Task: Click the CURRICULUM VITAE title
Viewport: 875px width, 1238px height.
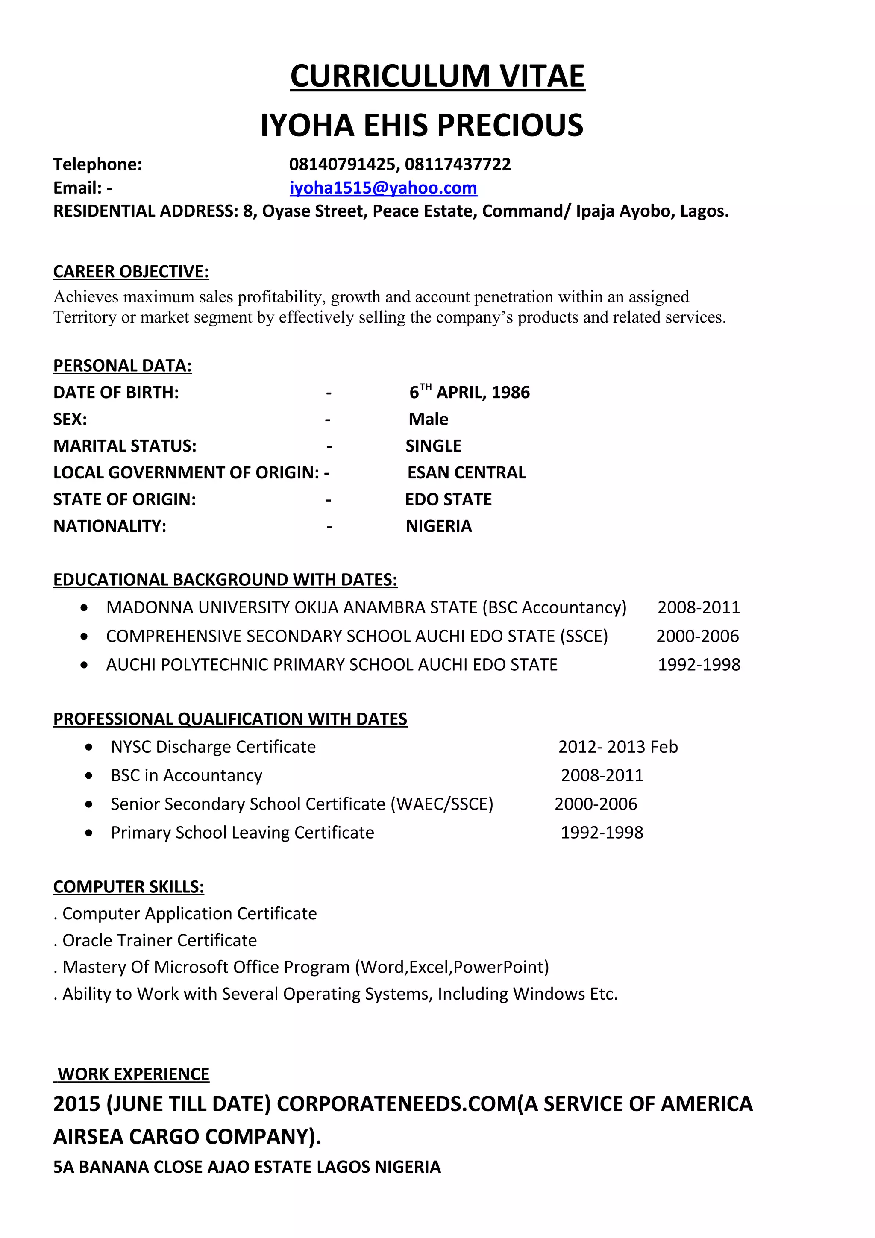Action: tap(437, 76)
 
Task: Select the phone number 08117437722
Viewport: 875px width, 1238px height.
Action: tap(458, 164)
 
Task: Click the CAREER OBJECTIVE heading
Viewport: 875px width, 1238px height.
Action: tap(131, 272)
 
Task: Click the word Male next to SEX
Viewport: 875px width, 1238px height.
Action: tap(428, 419)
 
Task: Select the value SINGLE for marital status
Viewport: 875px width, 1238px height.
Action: tap(434, 446)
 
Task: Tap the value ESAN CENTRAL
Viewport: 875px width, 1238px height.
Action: tap(467, 473)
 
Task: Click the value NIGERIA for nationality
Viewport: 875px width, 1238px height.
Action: tap(439, 526)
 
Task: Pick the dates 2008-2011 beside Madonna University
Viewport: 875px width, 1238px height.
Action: tap(698, 607)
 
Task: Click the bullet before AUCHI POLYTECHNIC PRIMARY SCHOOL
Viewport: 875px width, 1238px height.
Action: tap(84, 665)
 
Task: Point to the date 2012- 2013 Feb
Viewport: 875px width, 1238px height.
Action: tap(618, 747)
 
